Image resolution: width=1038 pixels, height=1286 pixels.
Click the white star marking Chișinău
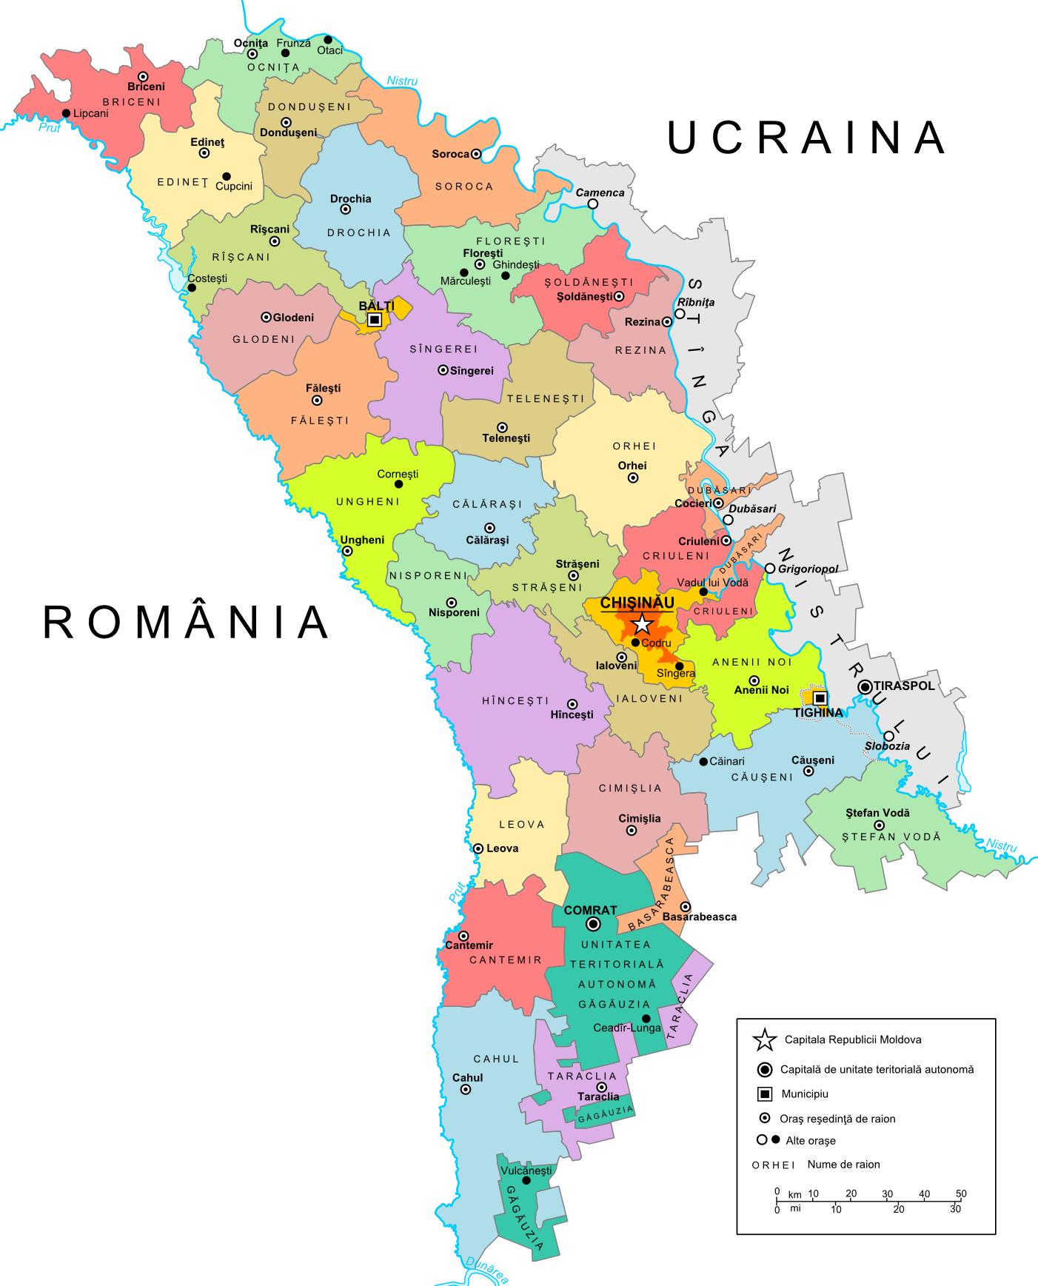[x=642, y=623]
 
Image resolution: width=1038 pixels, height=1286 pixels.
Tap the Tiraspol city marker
[x=865, y=687]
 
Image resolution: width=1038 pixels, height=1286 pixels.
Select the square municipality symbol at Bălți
[x=375, y=320]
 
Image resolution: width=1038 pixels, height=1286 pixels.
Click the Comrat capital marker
[x=593, y=924]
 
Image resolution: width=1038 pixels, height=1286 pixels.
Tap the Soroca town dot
[x=476, y=154]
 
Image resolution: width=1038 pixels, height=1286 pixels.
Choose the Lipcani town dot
[x=66, y=113]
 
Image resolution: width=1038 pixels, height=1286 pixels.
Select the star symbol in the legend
[x=764, y=1039]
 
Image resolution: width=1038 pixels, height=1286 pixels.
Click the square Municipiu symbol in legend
[x=765, y=1094]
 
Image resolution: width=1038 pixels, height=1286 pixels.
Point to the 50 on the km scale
[x=960, y=1193]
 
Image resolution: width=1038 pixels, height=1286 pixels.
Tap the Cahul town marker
[x=466, y=1090]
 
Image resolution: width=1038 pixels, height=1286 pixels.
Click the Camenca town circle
[x=593, y=204]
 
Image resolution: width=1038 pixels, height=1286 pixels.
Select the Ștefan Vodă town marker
[x=879, y=825]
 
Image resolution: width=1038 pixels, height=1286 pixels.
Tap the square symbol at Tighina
[x=820, y=698]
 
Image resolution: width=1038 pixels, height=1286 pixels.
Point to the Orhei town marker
[x=633, y=478]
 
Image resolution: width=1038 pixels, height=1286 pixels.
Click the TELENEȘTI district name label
[x=546, y=398]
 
